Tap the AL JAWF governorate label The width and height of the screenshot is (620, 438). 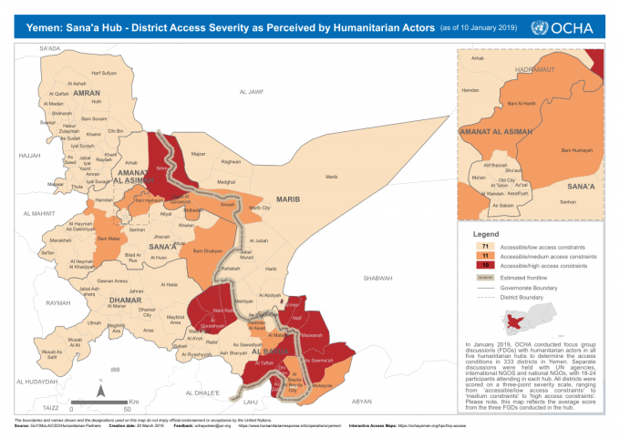(251, 92)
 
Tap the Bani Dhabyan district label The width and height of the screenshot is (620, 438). (207, 250)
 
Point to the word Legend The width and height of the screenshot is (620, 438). (481, 235)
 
